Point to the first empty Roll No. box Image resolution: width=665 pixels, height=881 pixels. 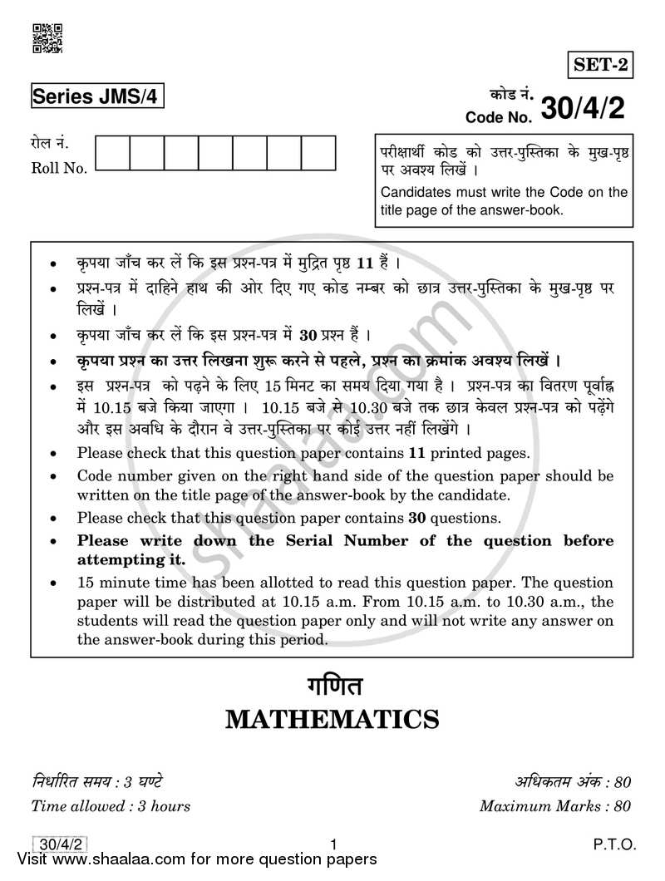click(113, 154)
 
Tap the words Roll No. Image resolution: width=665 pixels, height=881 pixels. click(59, 169)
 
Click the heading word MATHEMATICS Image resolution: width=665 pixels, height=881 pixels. click(332, 718)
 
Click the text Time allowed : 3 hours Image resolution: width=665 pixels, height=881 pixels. click(111, 805)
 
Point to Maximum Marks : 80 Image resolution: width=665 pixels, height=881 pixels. click(555, 805)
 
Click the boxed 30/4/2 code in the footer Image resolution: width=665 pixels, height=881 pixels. click(52, 844)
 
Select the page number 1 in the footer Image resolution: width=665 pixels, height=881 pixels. click(332, 844)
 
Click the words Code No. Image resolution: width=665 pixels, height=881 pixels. click(497, 116)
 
